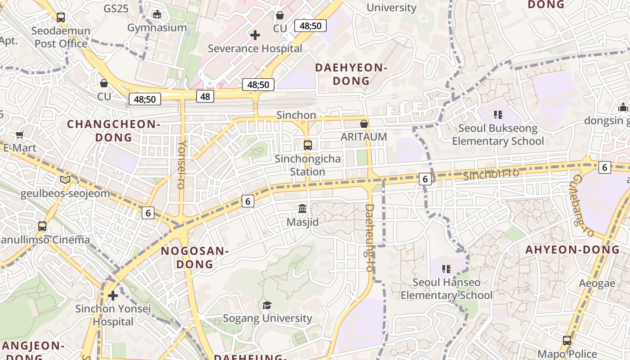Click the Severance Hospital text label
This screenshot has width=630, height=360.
click(x=255, y=48)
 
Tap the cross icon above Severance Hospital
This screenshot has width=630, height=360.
click(x=255, y=35)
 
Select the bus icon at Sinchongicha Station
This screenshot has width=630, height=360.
click(x=308, y=145)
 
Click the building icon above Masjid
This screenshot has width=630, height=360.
click(x=302, y=209)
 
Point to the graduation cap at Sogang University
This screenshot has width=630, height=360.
click(x=267, y=306)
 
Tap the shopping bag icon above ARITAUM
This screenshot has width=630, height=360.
click(x=364, y=124)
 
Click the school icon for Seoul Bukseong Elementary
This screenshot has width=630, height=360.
click(x=498, y=115)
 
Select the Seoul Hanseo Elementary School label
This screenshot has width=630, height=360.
click(x=446, y=289)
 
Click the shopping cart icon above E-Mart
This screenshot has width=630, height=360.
click(x=20, y=135)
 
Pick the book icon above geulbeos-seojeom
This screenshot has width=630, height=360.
click(x=65, y=180)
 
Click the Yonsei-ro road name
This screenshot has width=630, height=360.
click(x=182, y=164)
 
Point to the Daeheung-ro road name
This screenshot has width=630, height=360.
click(x=369, y=238)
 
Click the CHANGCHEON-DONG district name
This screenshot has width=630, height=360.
click(x=113, y=130)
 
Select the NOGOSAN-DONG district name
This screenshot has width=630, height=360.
click(x=194, y=257)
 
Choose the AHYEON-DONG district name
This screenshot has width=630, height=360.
click(x=572, y=249)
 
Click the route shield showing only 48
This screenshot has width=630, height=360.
click(x=205, y=96)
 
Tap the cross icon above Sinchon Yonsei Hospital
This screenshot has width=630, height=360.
click(x=113, y=296)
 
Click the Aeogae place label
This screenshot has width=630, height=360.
click(x=597, y=283)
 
